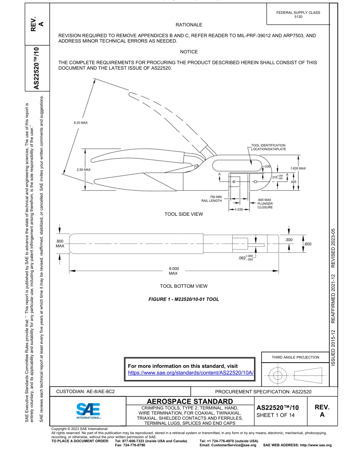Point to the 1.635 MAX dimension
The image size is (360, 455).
pyautogui.click(x=297, y=168)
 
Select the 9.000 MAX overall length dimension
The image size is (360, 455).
pyautogui.click(x=173, y=271)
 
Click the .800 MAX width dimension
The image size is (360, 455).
pyautogui.click(x=60, y=243)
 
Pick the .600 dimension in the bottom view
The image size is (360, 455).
pyautogui.click(x=308, y=244)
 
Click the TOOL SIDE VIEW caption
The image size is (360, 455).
pyautogui.click(x=183, y=214)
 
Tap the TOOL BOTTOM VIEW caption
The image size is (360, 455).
pyautogui.click(x=183, y=286)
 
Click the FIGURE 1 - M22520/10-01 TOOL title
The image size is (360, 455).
pyautogui.click(x=183, y=299)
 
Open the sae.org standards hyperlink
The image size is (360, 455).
pyautogui.click(x=191, y=372)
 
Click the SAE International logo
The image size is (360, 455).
pyautogui.click(x=88, y=410)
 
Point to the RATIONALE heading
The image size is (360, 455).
pyautogui.click(x=189, y=25)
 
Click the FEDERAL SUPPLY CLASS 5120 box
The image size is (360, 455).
pyautogui.click(x=298, y=15)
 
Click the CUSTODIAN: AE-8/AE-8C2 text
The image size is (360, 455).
pyautogui.click(x=86, y=391)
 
